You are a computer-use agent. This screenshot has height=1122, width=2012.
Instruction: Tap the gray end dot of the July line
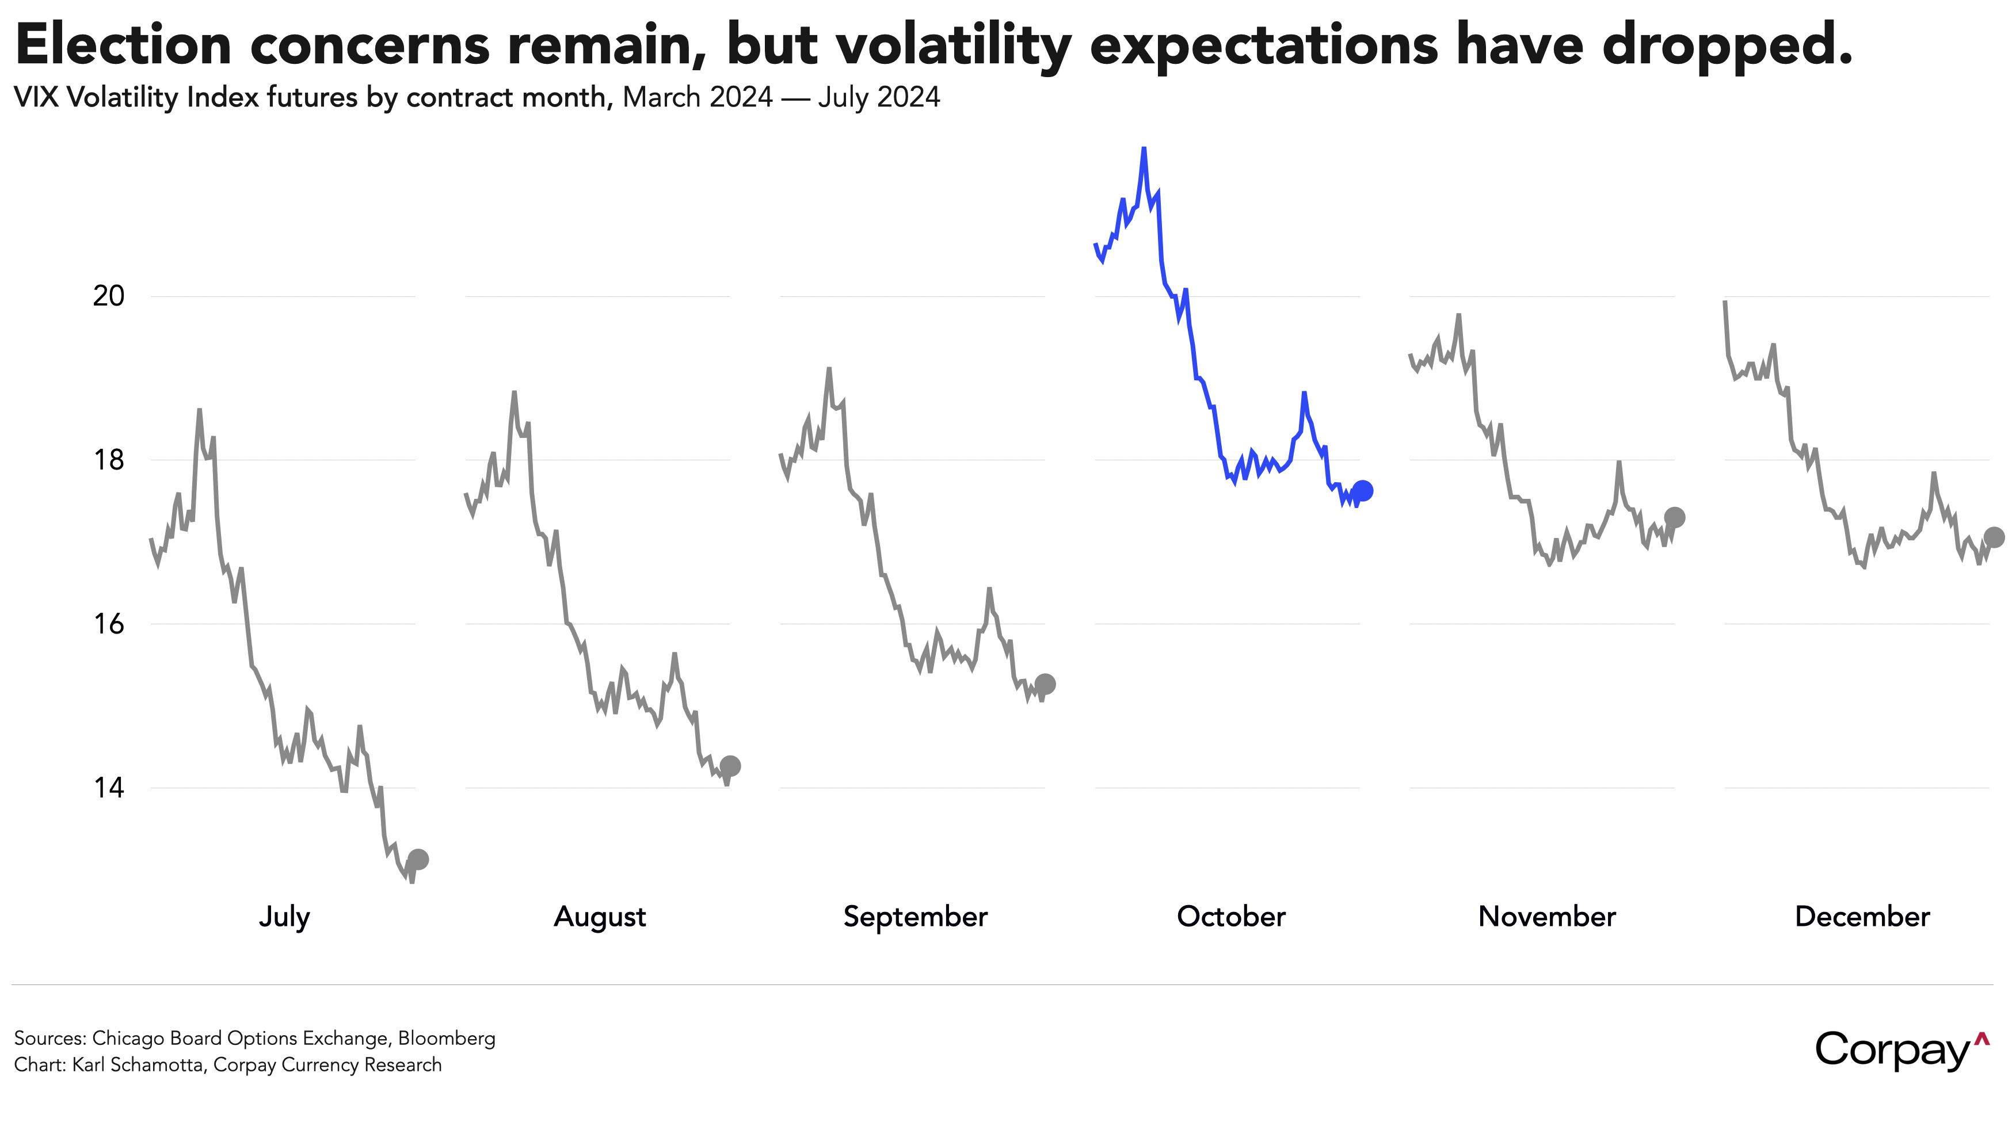[x=418, y=859]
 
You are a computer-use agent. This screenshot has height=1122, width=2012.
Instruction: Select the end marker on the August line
[x=730, y=765]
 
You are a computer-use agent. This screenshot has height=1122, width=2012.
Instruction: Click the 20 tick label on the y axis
[x=109, y=296]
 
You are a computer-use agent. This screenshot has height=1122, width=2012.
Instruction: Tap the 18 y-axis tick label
[x=109, y=460]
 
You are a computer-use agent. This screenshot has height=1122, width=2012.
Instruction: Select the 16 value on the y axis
[x=109, y=624]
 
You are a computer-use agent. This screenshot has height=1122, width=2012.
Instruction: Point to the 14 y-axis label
[x=109, y=787]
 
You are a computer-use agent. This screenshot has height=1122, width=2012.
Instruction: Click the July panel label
[x=284, y=916]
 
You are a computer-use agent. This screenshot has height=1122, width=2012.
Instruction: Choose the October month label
[x=1231, y=916]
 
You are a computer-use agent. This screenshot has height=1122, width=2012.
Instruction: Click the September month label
[x=916, y=916]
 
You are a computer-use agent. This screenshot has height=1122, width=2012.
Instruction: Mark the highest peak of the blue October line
[x=1144, y=148]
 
